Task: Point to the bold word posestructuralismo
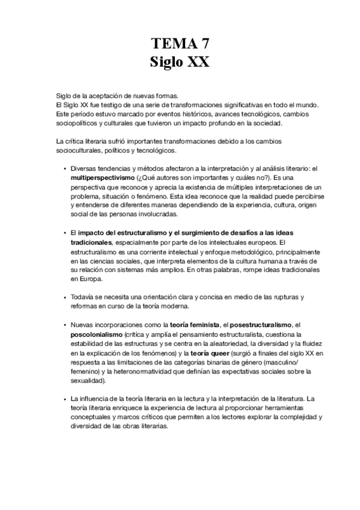258,325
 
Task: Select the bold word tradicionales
91,241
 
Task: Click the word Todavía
82,296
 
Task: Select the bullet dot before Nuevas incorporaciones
64,325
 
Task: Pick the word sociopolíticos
76,124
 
